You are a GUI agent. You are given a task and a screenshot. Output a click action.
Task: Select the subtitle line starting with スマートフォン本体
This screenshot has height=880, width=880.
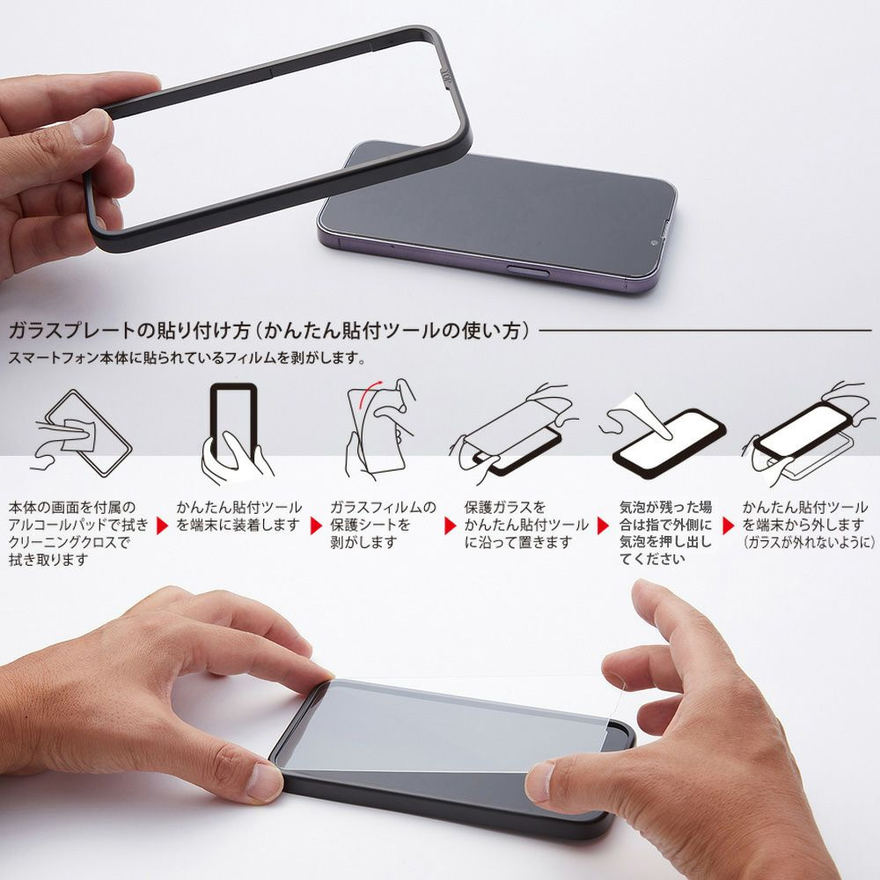[186, 359]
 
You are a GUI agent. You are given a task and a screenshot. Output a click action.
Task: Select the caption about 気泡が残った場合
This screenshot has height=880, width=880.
[665, 532]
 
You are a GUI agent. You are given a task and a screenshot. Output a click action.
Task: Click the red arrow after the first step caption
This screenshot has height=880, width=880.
[162, 525]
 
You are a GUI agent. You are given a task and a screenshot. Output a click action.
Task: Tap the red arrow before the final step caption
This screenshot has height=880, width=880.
[729, 525]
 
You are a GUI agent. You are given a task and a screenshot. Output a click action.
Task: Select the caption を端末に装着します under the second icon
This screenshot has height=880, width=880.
[238, 525]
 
